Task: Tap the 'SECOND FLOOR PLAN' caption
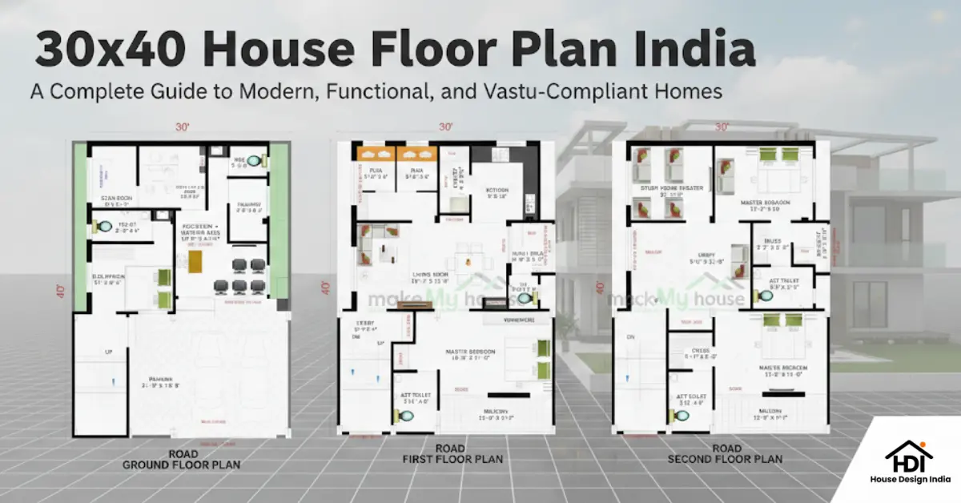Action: click(726, 459)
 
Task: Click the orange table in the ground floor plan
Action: click(195, 261)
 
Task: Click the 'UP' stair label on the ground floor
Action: click(109, 352)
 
